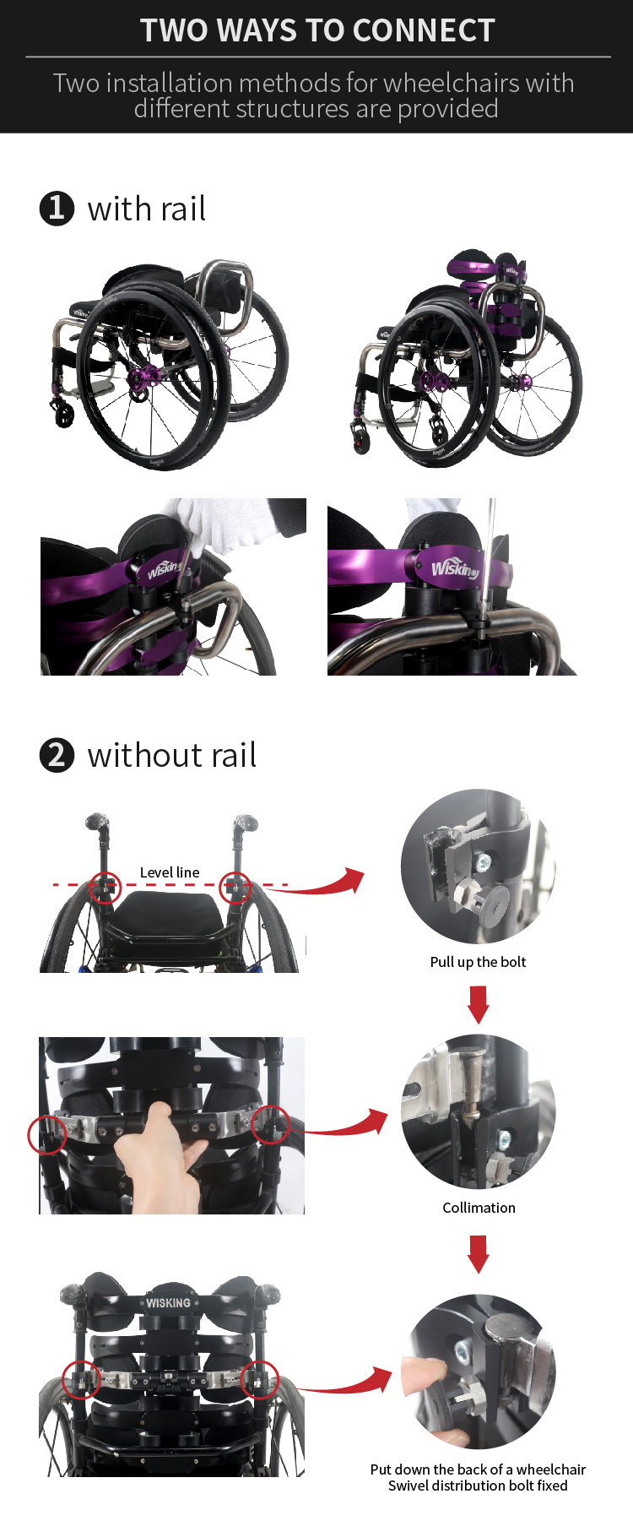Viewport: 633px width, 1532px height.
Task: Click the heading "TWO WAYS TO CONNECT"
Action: coord(317,30)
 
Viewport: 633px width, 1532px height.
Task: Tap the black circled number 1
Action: coord(57,208)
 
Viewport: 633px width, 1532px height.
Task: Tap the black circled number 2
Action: coord(57,754)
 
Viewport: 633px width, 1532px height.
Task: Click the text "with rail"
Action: coord(147,209)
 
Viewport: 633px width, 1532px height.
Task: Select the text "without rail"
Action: coord(172,755)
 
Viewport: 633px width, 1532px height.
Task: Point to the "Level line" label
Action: coord(170,872)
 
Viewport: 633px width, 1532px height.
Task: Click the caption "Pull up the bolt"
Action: coord(478,962)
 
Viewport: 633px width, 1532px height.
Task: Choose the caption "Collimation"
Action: coord(479,1208)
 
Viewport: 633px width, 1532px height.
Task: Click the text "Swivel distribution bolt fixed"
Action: coord(478,1486)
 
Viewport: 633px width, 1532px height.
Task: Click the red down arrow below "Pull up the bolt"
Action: coord(479,1003)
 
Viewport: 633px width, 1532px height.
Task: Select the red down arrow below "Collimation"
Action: coord(479,1253)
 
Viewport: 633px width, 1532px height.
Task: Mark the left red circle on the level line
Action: coord(105,888)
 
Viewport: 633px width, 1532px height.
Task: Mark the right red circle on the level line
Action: coord(235,888)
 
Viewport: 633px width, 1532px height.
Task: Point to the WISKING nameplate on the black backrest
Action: coord(168,1302)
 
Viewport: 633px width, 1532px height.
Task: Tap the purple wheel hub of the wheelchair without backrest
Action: coord(139,378)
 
